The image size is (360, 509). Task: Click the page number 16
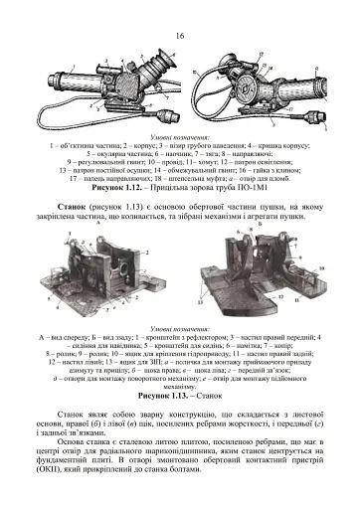pyautogui.click(x=180, y=36)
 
